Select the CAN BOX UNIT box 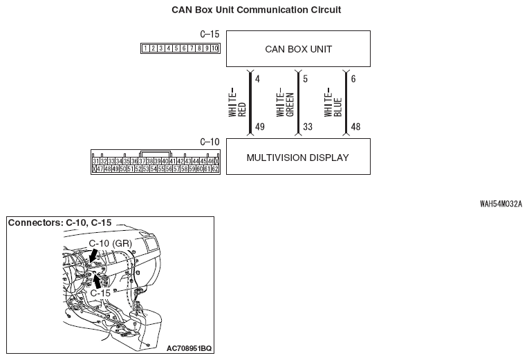[x=298, y=49]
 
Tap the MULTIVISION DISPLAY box [x=298, y=158]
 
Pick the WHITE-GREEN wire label [x=286, y=102]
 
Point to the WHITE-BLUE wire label [x=333, y=102]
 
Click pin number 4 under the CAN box [x=257, y=78]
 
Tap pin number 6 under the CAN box [x=353, y=78]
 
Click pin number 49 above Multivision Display [x=259, y=127]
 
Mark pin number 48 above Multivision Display [x=356, y=127]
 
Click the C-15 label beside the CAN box [x=209, y=34]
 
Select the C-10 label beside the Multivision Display [x=209, y=142]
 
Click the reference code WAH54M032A [x=501, y=205]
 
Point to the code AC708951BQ [x=189, y=348]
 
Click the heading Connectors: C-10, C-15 [x=59, y=223]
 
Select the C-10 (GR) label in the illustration [x=111, y=243]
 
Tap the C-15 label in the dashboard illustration [x=100, y=293]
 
